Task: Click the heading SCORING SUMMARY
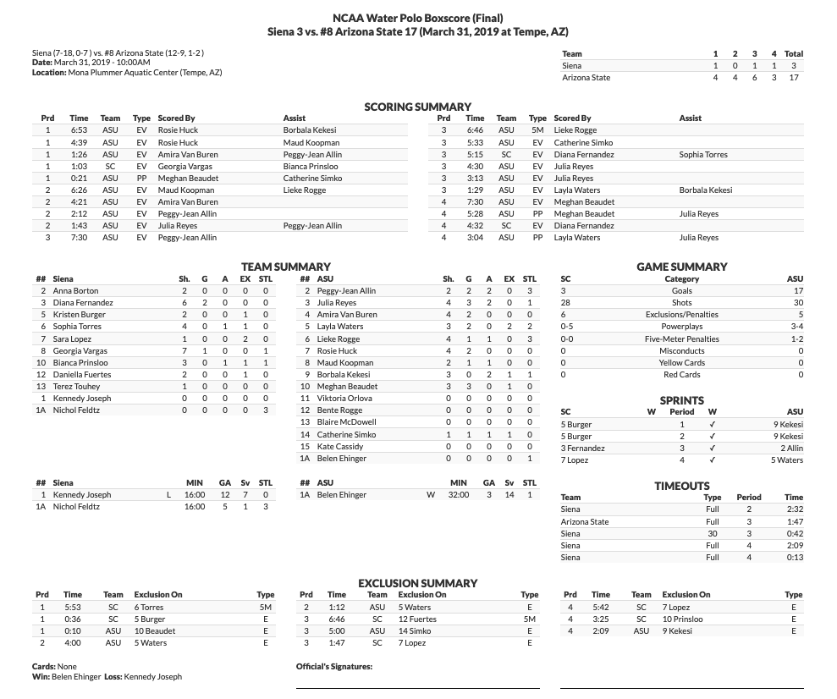(417, 107)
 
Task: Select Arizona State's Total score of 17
(793, 78)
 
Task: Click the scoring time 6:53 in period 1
(79, 130)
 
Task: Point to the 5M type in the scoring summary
(537, 130)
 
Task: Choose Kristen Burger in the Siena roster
(80, 315)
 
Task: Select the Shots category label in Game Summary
(681, 302)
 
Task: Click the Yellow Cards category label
(681, 362)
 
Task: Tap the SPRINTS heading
(681, 400)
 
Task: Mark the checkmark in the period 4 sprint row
(712, 460)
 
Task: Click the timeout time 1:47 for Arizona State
(793, 522)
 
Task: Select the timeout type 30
(713, 534)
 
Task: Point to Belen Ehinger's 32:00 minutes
(458, 495)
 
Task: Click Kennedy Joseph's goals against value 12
(225, 495)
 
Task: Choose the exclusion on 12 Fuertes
(417, 619)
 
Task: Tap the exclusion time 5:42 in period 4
(601, 608)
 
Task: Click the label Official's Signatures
(334, 667)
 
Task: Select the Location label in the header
(49, 73)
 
